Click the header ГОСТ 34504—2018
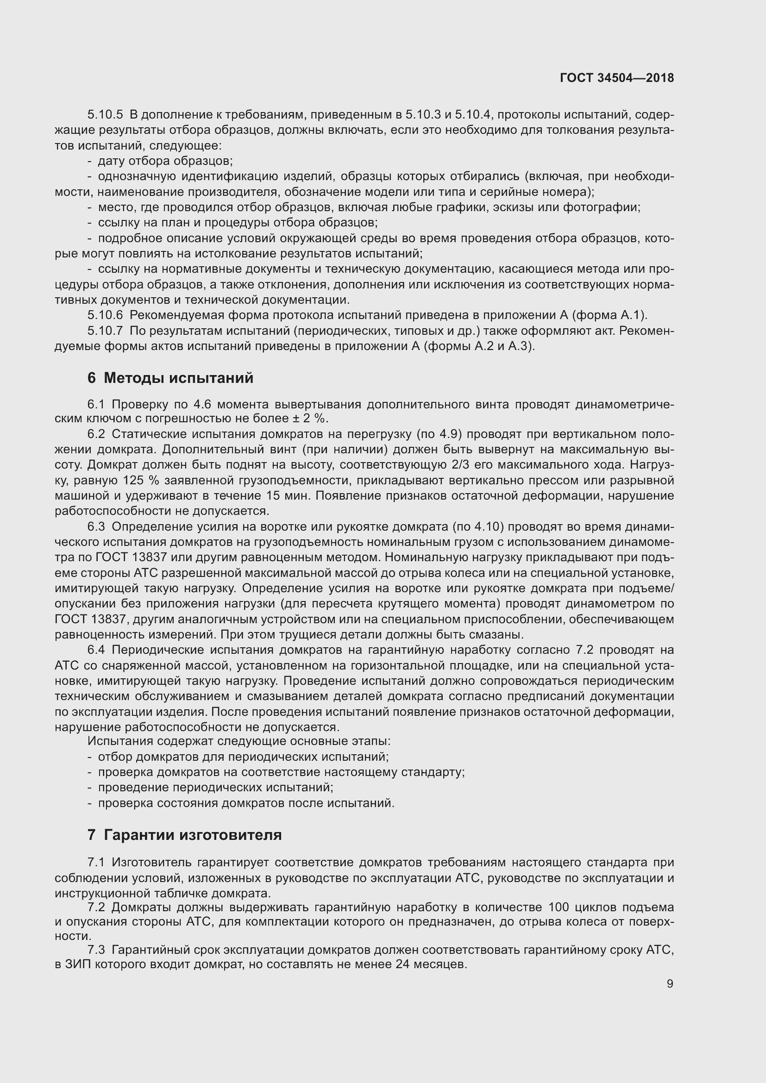tap(616, 78)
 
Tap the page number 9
tap(670, 983)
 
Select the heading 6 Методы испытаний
tap(170, 378)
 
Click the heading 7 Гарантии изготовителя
tap(184, 835)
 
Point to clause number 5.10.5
tap(105, 115)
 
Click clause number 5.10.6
tap(105, 315)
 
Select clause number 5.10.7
tap(105, 331)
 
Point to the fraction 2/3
tap(460, 464)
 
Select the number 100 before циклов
tap(559, 907)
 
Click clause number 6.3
tap(96, 526)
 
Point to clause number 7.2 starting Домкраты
tap(96, 907)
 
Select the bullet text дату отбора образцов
tap(165, 161)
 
